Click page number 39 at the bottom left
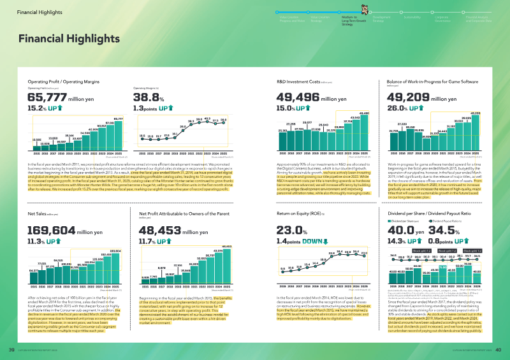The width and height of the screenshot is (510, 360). click(x=11, y=349)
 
